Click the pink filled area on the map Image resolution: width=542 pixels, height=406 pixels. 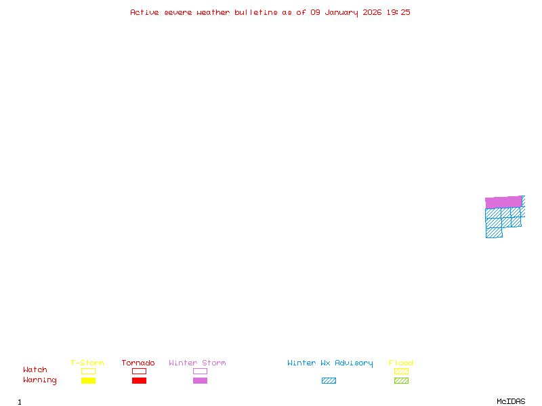(x=503, y=202)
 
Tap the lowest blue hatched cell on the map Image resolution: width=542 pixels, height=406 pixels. (x=494, y=233)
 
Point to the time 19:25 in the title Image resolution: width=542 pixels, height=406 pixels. (x=398, y=12)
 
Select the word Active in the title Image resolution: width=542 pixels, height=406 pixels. (x=146, y=12)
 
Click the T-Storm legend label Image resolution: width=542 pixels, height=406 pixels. (x=87, y=363)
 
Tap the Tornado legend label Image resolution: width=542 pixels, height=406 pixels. (x=138, y=363)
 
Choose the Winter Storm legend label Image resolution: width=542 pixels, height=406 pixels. (x=197, y=363)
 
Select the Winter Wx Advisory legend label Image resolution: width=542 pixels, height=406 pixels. (x=330, y=363)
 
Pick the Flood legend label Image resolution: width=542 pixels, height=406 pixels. (x=401, y=363)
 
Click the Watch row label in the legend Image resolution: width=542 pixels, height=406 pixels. (x=35, y=370)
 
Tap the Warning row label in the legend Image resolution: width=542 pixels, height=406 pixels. (x=40, y=380)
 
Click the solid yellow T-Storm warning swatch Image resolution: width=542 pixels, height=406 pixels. (x=88, y=381)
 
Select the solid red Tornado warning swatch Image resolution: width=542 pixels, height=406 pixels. (x=139, y=381)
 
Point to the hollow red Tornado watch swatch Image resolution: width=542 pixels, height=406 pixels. (x=139, y=371)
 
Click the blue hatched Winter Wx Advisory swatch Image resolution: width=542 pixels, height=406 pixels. (x=329, y=381)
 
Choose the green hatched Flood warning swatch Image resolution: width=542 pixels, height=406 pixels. (x=401, y=381)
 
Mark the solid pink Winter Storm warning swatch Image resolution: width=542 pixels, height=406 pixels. (x=200, y=381)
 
